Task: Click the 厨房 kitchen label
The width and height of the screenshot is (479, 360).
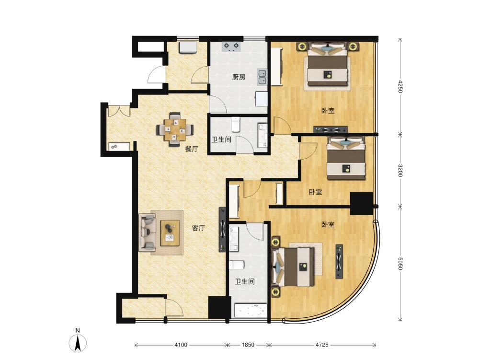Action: click(x=239, y=77)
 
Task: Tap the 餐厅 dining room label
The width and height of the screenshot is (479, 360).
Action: click(x=192, y=149)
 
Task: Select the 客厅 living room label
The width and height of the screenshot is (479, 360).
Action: click(x=198, y=228)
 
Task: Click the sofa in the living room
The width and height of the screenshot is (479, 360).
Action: click(x=147, y=232)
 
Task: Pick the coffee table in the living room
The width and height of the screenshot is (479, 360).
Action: click(x=170, y=232)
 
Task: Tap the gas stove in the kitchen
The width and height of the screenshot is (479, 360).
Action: click(x=231, y=46)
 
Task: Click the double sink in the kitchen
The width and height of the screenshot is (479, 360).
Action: click(x=262, y=77)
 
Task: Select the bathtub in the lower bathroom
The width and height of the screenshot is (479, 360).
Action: click(x=251, y=311)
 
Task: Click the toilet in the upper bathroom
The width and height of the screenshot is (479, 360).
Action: click(x=236, y=124)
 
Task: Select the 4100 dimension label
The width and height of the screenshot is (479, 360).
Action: click(x=181, y=345)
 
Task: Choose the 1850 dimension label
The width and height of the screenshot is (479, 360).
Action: click(x=248, y=345)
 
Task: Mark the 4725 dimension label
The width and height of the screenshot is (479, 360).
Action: click(x=322, y=345)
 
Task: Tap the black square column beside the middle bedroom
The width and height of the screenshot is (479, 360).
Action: click(x=361, y=203)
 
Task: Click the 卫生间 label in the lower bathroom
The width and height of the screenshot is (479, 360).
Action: click(x=245, y=281)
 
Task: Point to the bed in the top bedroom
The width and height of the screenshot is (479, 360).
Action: click(x=328, y=65)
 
